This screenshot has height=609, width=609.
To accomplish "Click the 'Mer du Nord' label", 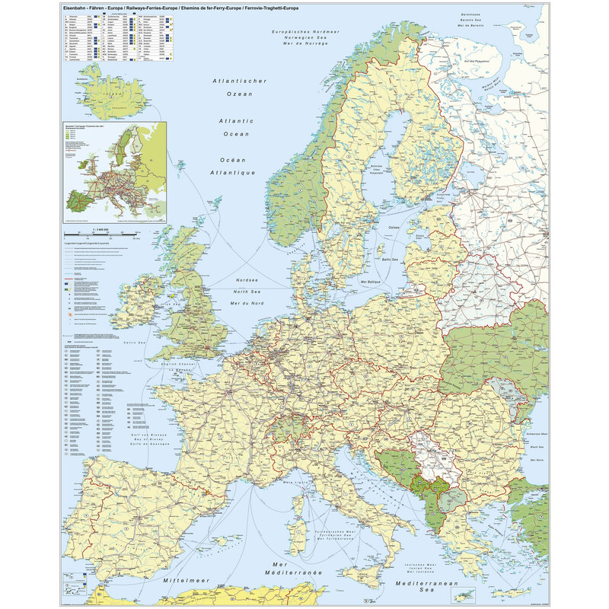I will point(247,304).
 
